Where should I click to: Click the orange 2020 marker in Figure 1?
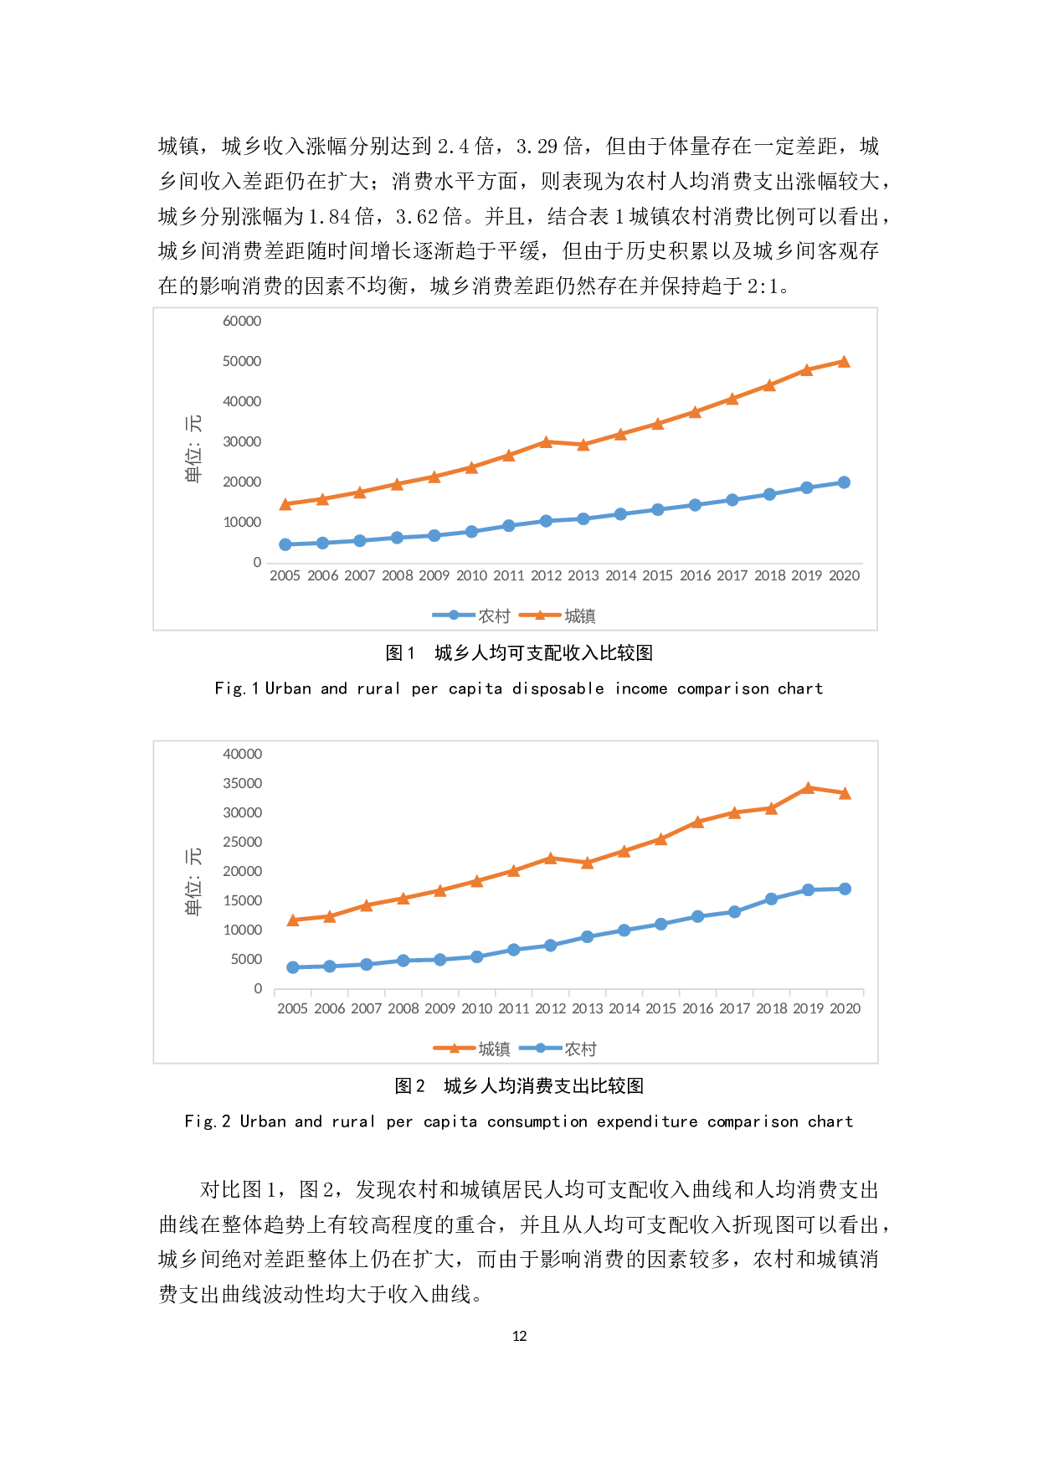point(844,362)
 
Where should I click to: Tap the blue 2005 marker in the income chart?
point(285,544)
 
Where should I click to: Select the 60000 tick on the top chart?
point(242,322)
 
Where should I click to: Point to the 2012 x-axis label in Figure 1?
point(546,576)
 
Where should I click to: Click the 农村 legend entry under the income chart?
point(473,616)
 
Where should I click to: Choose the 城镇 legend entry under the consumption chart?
point(473,1049)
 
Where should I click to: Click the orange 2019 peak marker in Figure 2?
point(808,788)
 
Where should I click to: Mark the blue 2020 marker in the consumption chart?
point(845,889)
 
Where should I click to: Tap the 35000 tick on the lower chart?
point(242,784)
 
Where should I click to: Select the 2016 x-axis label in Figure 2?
point(697,1009)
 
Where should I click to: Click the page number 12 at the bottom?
point(519,1336)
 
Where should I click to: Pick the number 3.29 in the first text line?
point(537,147)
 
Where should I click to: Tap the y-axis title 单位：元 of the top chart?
point(193,449)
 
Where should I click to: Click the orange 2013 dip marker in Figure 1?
point(583,445)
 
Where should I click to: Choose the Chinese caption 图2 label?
point(409,1086)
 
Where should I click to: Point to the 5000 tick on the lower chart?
point(246,960)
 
